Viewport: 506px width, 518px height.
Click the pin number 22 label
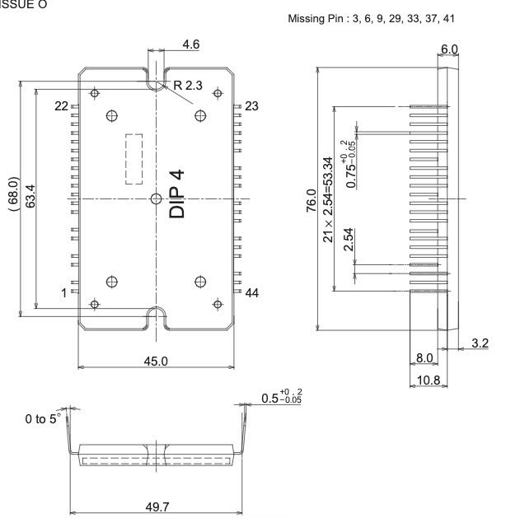[x=61, y=106]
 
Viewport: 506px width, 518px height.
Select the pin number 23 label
[x=252, y=105]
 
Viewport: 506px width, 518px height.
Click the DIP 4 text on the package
[x=177, y=194]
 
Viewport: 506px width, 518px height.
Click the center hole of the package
[x=157, y=198]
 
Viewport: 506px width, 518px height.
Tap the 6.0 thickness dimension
[x=450, y=49]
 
